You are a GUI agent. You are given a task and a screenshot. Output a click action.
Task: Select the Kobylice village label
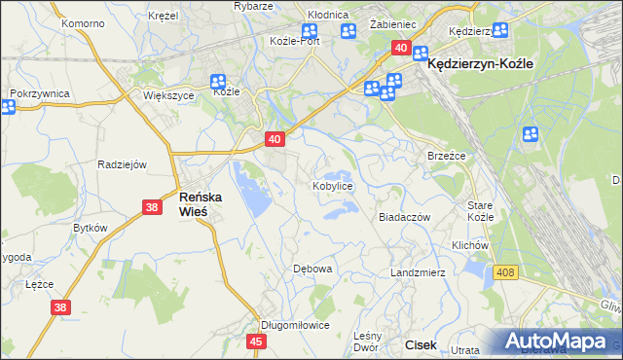click(x=332, y=185)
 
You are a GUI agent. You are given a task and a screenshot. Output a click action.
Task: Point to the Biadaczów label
click(x=404, y=218)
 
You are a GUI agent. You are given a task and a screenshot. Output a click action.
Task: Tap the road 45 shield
click(x=256, y=342)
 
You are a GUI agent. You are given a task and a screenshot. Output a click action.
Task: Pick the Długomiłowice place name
click(x=295, y=325)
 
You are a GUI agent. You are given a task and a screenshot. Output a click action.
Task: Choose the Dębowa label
click(x=313, y=269)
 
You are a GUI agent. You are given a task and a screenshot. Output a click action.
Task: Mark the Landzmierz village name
click(x=418, y=272)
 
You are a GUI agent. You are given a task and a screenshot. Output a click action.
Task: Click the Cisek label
click(x=421, y=344)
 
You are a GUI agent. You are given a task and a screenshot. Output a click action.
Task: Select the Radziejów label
click(x=122, y=164)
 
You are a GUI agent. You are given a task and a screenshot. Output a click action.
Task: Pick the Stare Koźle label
click(x=481, y=211)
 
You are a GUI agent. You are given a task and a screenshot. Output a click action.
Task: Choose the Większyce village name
click(x=169, y=96)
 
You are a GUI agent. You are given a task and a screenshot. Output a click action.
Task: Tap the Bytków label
click(x=90, y=227)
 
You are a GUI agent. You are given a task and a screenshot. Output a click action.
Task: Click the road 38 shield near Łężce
click(x=59, y=307)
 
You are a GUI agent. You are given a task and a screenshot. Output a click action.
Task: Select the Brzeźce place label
click(x=447, y=156)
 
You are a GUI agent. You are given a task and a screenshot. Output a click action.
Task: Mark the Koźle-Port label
click(x=295, y=41)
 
